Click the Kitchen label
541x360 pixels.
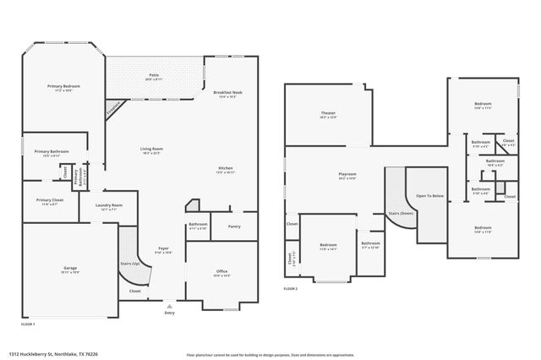(x=226, y=168)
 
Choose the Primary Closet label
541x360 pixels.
(x=49, y=200)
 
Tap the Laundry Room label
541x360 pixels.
(x=110, y=205)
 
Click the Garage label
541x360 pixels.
(x=69, y=269)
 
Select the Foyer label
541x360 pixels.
(x=162, y=249)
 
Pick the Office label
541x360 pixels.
(x=221, y=271)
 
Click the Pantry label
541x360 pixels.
(x=234, y=226)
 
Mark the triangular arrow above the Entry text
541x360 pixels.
(x=169, y=306)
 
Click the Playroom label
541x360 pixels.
(x=347, y=174)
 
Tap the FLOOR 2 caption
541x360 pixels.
(x=291, y=289)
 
